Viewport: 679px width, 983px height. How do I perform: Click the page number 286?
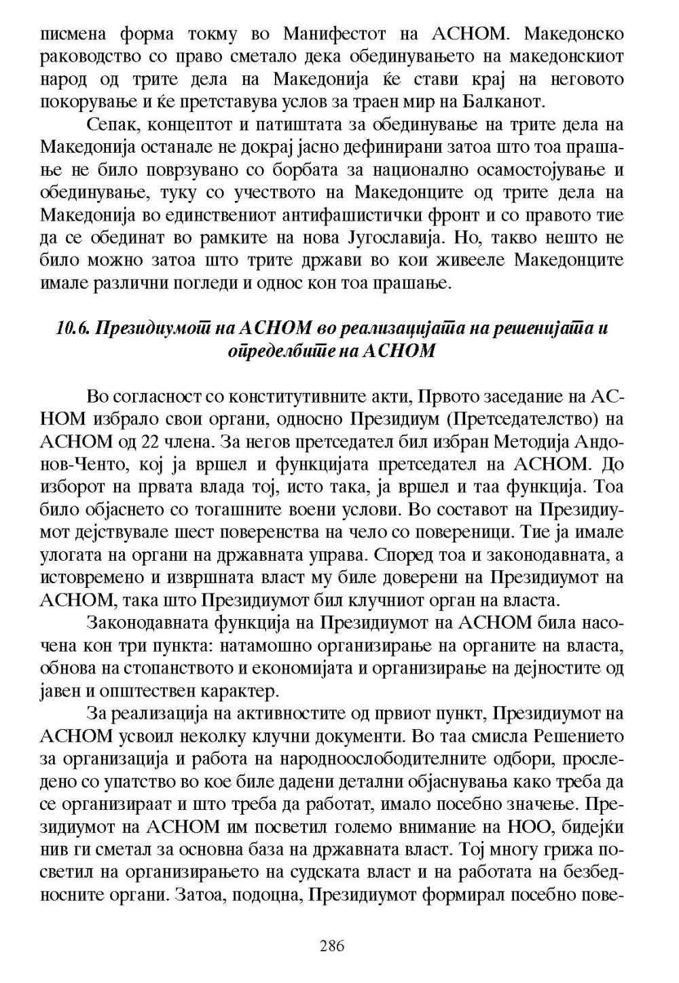coord(332,946)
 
